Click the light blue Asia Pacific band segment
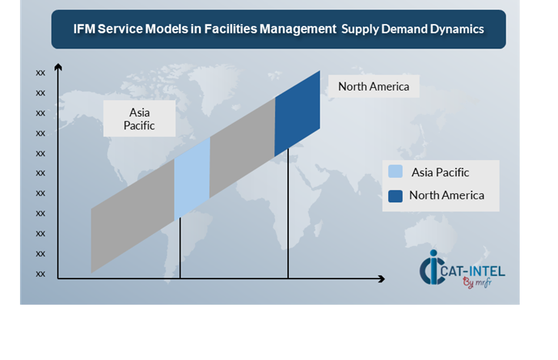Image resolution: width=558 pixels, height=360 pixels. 192,178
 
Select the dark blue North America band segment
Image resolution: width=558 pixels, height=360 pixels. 297,114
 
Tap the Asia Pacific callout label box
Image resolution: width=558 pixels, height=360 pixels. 139,118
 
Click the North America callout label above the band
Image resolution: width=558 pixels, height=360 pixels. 374,86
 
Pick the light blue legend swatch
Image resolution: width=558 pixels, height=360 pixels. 395,172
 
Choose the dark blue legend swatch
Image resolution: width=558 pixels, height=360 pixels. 395,196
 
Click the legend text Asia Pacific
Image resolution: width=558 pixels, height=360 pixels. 440,172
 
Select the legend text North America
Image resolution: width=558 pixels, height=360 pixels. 447,195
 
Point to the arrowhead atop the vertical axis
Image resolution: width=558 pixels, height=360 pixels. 58,67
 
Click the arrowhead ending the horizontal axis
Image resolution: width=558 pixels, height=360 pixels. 381,278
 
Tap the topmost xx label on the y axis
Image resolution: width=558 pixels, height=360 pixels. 40,72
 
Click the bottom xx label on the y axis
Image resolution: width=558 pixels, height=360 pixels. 40,274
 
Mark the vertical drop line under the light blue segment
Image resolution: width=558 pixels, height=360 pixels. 180,248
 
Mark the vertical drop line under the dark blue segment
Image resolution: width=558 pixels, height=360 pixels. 288,214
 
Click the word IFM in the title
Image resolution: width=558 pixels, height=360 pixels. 85,28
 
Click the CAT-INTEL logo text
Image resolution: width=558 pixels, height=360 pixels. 473,272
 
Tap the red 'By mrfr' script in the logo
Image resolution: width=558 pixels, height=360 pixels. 477,283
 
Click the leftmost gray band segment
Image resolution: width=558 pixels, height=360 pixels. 132,216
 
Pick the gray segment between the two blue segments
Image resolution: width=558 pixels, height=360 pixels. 242,148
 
